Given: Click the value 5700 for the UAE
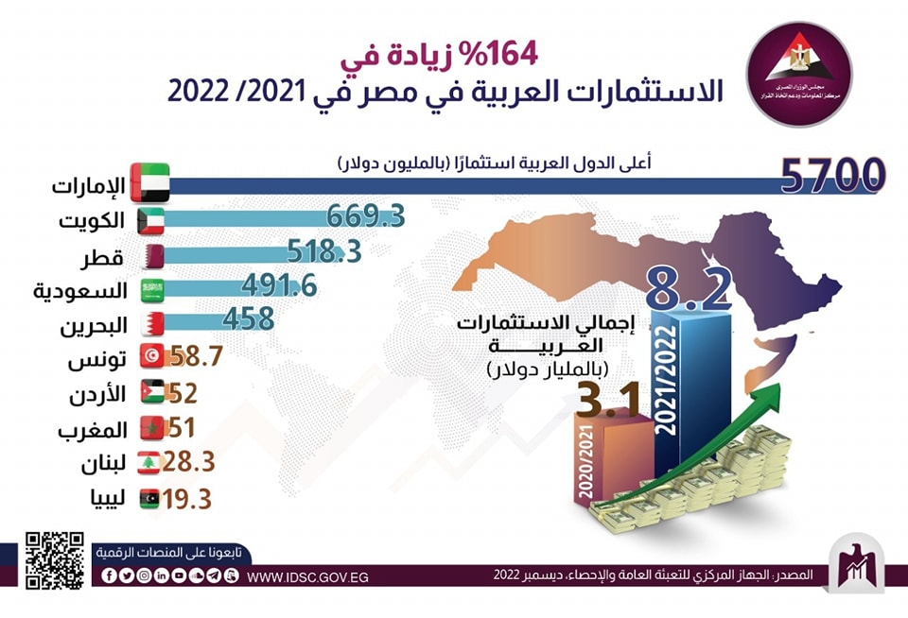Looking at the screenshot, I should point(832,176).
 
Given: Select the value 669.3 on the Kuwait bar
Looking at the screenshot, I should point(366,216).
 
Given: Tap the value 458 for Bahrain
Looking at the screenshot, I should point(248,318).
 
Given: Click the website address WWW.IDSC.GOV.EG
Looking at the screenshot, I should point(307,575).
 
